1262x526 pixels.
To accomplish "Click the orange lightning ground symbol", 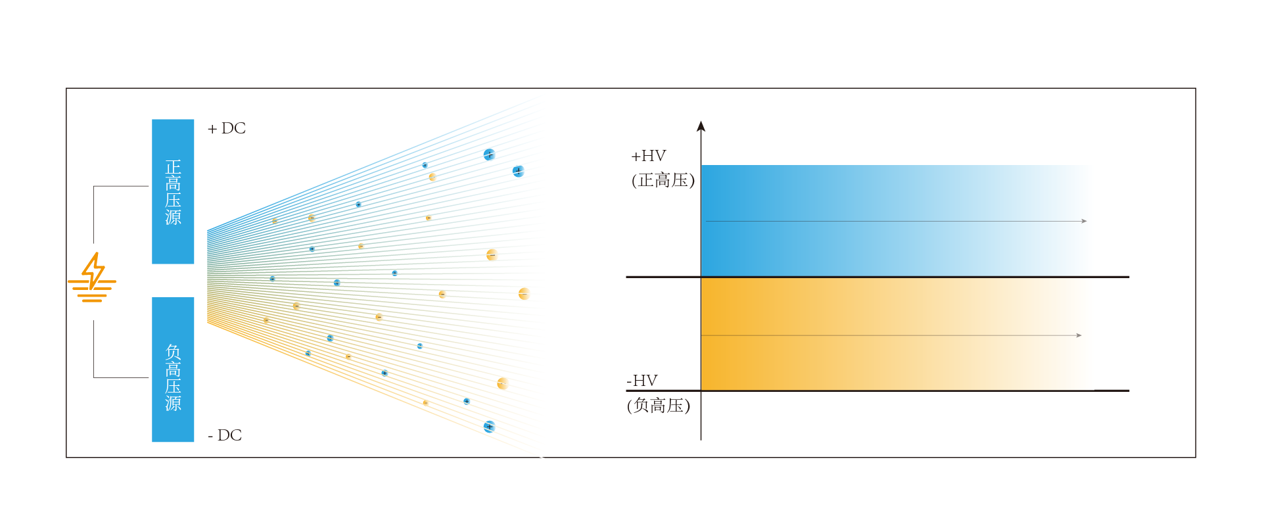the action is point(92,277).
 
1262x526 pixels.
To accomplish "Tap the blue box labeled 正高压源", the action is point(173,191).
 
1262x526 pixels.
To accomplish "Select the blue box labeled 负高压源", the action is point(173,370).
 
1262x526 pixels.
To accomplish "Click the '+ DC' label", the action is point(227,128).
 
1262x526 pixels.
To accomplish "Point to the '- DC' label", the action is point(225,435).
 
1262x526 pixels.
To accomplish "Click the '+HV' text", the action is point(649,156).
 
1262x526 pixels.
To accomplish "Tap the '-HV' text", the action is point(642,381).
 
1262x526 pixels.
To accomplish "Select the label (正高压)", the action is point(663,180).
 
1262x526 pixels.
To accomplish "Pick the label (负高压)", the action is point(659,406).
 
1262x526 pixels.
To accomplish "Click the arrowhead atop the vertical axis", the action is point(701,126).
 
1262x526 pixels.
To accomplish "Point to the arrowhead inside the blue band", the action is point(1084,221).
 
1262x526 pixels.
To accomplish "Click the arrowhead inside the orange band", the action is point(1079,335).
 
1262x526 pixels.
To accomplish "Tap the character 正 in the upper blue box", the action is point(173,167).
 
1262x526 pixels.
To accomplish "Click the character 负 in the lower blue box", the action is point(173,352).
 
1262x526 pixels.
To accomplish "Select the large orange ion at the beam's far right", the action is point(524,294).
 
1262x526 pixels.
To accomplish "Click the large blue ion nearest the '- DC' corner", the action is point(489,427).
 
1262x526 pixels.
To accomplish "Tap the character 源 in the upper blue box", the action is point(173,218).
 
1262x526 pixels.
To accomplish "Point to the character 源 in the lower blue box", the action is point(173,403).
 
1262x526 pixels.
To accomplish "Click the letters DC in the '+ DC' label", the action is point(233,128).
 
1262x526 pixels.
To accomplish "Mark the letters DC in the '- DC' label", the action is point(229,435).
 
